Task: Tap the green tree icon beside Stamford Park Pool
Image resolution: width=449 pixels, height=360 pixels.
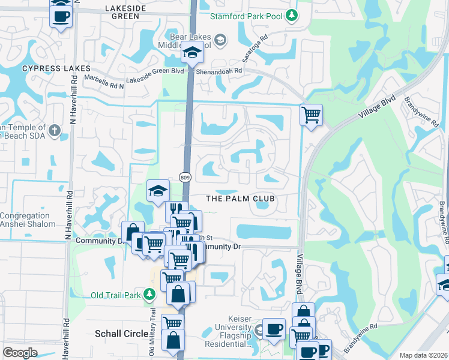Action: (x=292, y=14)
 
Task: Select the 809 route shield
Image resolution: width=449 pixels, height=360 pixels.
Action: (x=185, y=177)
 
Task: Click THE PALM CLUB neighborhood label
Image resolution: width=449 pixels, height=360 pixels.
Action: (x=240, y=198)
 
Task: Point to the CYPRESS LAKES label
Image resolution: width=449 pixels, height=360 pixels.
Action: (x=52, y=68)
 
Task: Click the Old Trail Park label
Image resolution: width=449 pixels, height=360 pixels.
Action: (x=115, y=295)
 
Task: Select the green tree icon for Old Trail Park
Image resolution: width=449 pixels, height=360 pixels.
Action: (x=149, y=295)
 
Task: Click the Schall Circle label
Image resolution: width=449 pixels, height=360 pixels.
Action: (x=120, y=332)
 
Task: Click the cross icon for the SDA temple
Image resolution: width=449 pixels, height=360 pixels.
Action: (x=55, y=130)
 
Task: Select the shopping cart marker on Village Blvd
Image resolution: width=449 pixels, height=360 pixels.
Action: (x=311, y=115)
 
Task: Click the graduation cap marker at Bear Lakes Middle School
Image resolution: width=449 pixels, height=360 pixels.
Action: (x=193, y=54)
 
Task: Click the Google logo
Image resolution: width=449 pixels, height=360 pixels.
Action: (x=20, y=353)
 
